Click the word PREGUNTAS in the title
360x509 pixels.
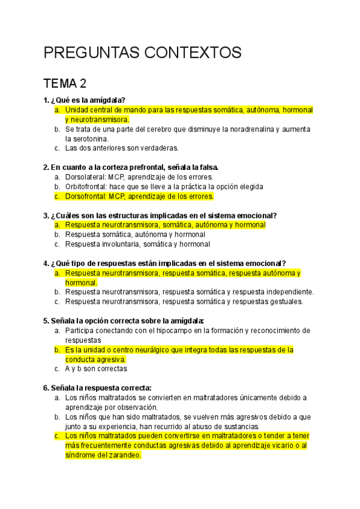[x=91, y=52]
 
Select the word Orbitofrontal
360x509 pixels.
[x=85, y=187]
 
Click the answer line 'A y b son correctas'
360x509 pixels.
[x=96, y=369]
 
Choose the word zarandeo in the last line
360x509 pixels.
[x=124, y=456]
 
